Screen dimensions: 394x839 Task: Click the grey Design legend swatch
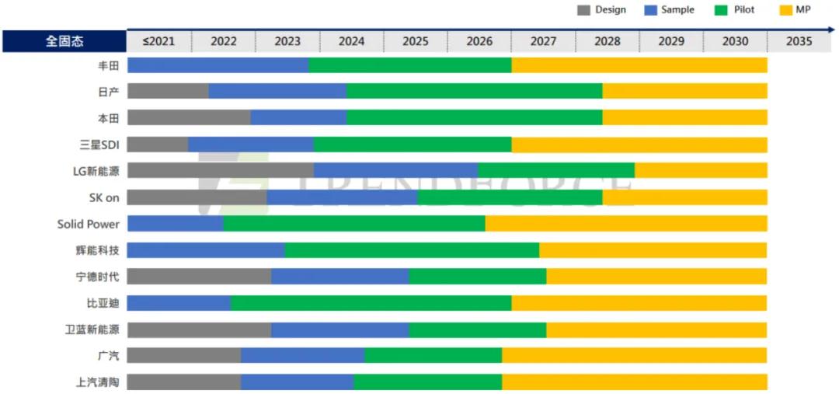coord(583,10)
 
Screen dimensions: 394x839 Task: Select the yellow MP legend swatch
coord(784,10)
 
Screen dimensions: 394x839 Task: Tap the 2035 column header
coord(799,41)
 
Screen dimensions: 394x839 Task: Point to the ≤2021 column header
coord(158,41)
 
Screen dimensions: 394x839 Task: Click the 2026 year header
coord(479,41)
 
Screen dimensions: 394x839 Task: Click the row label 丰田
coord(108,65)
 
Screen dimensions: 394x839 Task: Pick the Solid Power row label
coord(89,224)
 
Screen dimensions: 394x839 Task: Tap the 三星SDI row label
coord(99,145)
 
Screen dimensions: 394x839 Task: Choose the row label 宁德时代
coord(98,277)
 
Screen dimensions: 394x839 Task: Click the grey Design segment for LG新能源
coord(221,170)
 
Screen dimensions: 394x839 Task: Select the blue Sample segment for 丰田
coord(218,65)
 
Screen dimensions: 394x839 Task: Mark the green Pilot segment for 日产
coord(474,91)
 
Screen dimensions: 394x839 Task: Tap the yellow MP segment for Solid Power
coord(626,224)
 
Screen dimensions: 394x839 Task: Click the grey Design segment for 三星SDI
coord(158,145)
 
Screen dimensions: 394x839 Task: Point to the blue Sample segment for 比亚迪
coord(179,303)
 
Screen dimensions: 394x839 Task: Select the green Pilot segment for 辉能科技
coord(412,250)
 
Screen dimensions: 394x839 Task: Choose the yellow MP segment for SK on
coord(684,197)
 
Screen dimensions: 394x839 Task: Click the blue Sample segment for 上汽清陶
coord(298,382)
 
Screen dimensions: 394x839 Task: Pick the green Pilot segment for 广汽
coord(433,356)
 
